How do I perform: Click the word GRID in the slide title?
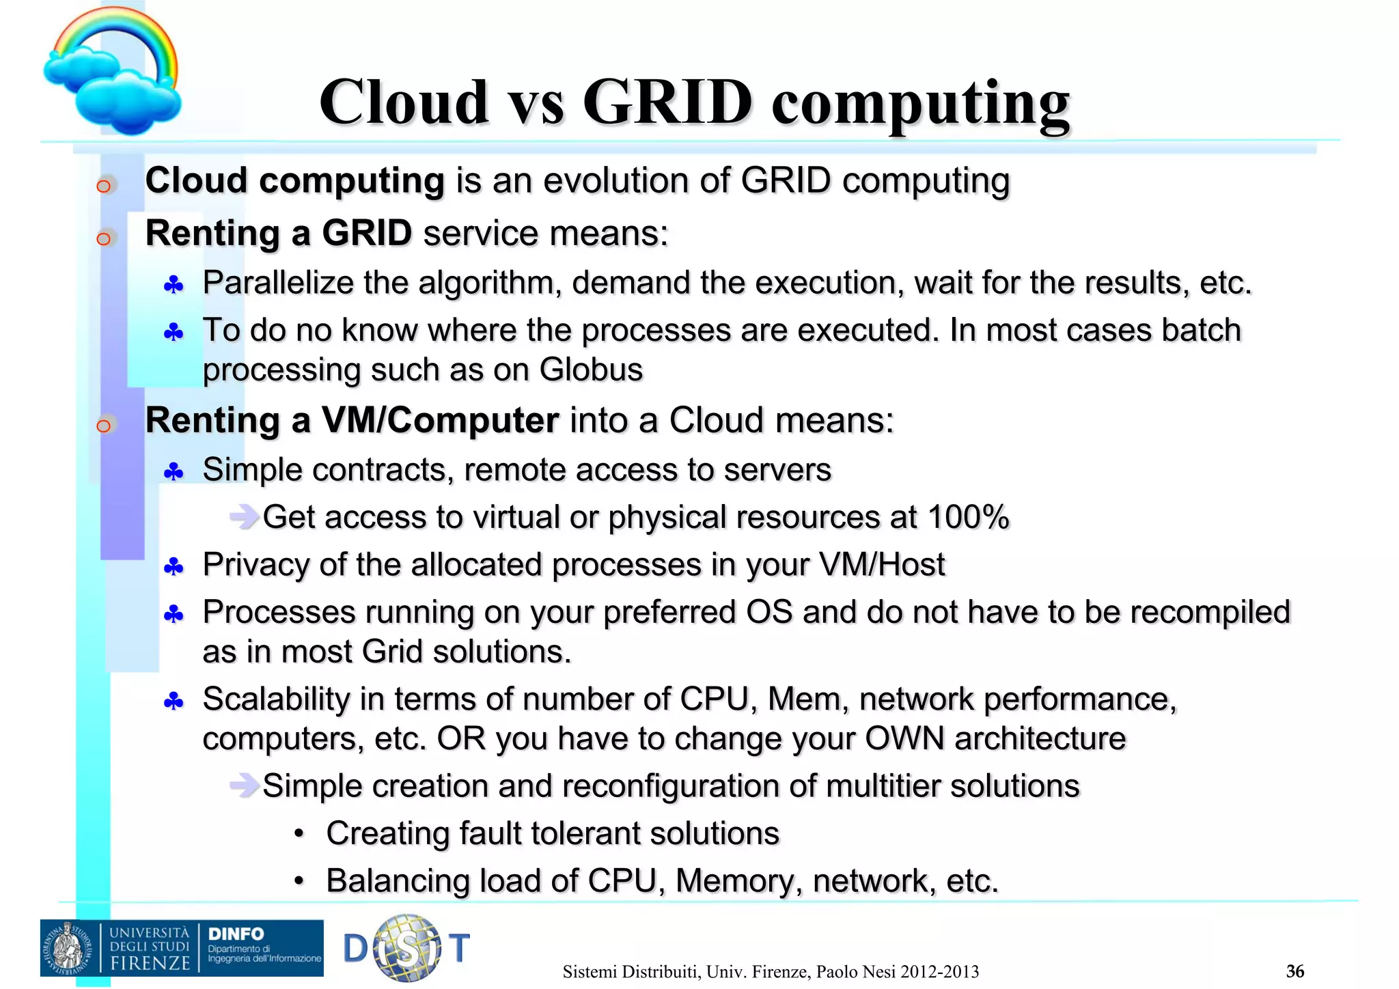coord(667,102)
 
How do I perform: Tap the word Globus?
coord(591,370)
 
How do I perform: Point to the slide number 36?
coord(1295,971)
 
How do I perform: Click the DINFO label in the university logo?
coord(236,934)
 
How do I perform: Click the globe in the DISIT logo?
coord(408,948)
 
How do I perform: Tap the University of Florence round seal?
coord(69,948)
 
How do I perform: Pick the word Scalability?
coord(276,699)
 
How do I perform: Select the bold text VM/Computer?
coord(440,420)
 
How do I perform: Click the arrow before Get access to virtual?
coord(243,517)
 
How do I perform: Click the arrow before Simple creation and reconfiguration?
coord(243,786)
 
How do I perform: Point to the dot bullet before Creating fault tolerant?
coord(299,834)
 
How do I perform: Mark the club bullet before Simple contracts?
coord(174,471)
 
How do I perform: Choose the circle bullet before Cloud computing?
coord(104,186)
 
